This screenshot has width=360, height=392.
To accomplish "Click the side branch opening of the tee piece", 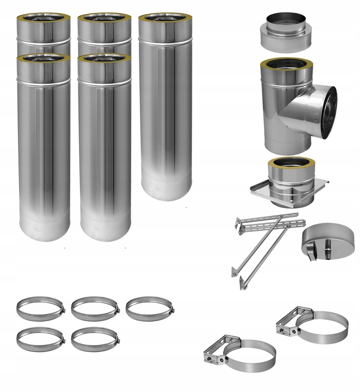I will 328,112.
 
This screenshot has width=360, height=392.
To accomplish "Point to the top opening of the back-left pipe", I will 43,17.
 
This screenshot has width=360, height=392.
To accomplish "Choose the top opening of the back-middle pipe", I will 104,17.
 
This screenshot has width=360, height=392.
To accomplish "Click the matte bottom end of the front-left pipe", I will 44,228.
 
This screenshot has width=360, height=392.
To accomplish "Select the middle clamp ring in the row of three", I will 95,308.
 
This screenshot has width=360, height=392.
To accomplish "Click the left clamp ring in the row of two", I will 40,339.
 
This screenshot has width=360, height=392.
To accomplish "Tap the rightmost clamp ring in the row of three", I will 150,308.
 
